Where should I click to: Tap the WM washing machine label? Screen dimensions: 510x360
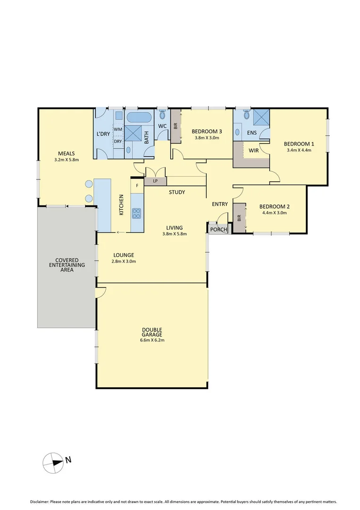tap(118, 128)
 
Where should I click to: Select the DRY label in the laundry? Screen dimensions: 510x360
tap(118, 141)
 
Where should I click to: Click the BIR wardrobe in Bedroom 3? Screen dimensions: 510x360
tap(176, 126)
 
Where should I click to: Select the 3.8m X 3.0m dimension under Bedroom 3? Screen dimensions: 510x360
tap(207, 138)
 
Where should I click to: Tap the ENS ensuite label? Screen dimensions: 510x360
tap(252, 133)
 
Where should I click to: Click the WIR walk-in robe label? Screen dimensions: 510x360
tap(253, 151)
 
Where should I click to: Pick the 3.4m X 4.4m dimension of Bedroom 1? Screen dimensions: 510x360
tap(299, 150)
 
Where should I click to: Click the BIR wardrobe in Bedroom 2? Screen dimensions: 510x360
tap(240, 218)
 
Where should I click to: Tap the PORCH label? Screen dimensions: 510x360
tap(218, 230)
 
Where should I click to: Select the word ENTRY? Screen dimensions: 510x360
tap(219, 204)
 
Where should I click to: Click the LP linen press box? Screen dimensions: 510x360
tap(155, 181)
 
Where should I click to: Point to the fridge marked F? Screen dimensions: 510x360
tap(137, 186)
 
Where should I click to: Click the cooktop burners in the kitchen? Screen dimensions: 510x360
tap(137, 213)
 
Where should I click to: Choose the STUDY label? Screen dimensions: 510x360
tap(177, 192)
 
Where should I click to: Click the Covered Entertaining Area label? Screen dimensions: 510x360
tap(67, 265)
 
